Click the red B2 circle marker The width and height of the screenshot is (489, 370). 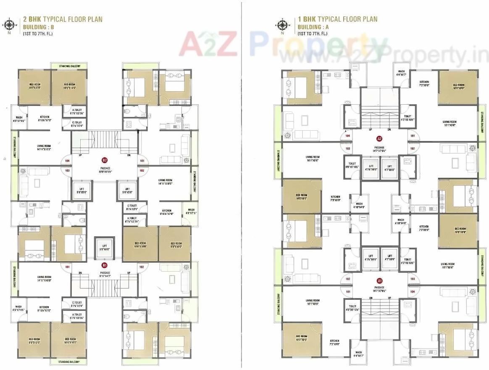pos(105,160)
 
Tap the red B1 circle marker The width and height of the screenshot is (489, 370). pos(105,265)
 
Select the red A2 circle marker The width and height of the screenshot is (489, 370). pos(379,138)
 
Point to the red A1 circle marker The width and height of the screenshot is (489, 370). pos(380,280)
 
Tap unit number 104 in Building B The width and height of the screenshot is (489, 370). pos(67,161)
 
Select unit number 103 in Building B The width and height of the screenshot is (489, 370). pos(67,170)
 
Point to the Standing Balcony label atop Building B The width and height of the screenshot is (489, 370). pos(69,66)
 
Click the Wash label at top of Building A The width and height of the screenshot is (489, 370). pos(401,73)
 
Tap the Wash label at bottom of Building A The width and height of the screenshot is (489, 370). pos(358,354)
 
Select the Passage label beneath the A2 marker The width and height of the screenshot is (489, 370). pos(380,149)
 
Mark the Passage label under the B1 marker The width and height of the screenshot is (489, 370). pos(105,274)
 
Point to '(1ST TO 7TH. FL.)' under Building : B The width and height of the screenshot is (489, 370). pos(38,34)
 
